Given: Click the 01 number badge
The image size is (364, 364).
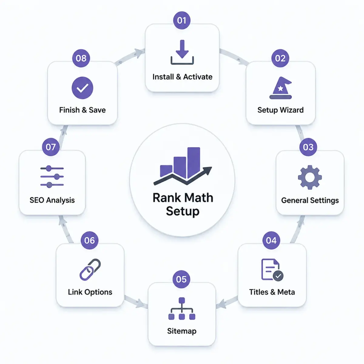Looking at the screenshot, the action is pyautogui.click(x=182, y=20).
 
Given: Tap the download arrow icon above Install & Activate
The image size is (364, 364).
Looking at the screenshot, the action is pyautogui.click(x=182, y=52).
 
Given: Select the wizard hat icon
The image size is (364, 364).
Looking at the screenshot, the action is pyautogui.click(x=281, y=88).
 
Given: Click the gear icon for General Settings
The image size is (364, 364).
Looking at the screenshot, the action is pyautogui.click(x=310, y=177).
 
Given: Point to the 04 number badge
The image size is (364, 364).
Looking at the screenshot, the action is pyautogui.click(x=271, y=240).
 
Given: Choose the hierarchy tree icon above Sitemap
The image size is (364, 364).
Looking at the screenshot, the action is pyautogui.click(x=182, y=309).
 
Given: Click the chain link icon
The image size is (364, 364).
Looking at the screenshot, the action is pyautogui.click(x=90, y=270).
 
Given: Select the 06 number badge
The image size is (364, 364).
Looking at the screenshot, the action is pyautogui.click(x=89, y=240).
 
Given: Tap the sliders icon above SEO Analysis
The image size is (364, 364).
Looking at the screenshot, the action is pyautogui.click(x=52, y=177).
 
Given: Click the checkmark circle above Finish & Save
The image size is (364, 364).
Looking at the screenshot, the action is pyautogui.click(x=83, y=88).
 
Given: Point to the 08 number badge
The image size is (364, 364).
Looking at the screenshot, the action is pyautogui.click(x=81, y=58).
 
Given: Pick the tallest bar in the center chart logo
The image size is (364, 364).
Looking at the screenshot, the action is pyautogui.click(x=194, y=163).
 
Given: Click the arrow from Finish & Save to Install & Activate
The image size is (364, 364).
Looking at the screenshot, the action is pyautogui.click(x=130, y=56).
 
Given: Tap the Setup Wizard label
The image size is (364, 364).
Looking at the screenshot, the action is pyautogui.click(x=281, y=110).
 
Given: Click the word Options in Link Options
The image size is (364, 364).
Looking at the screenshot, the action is pyautogui.click(x=98, y=292).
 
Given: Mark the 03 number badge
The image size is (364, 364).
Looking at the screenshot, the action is pyautogui.click(x=308, y=147).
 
